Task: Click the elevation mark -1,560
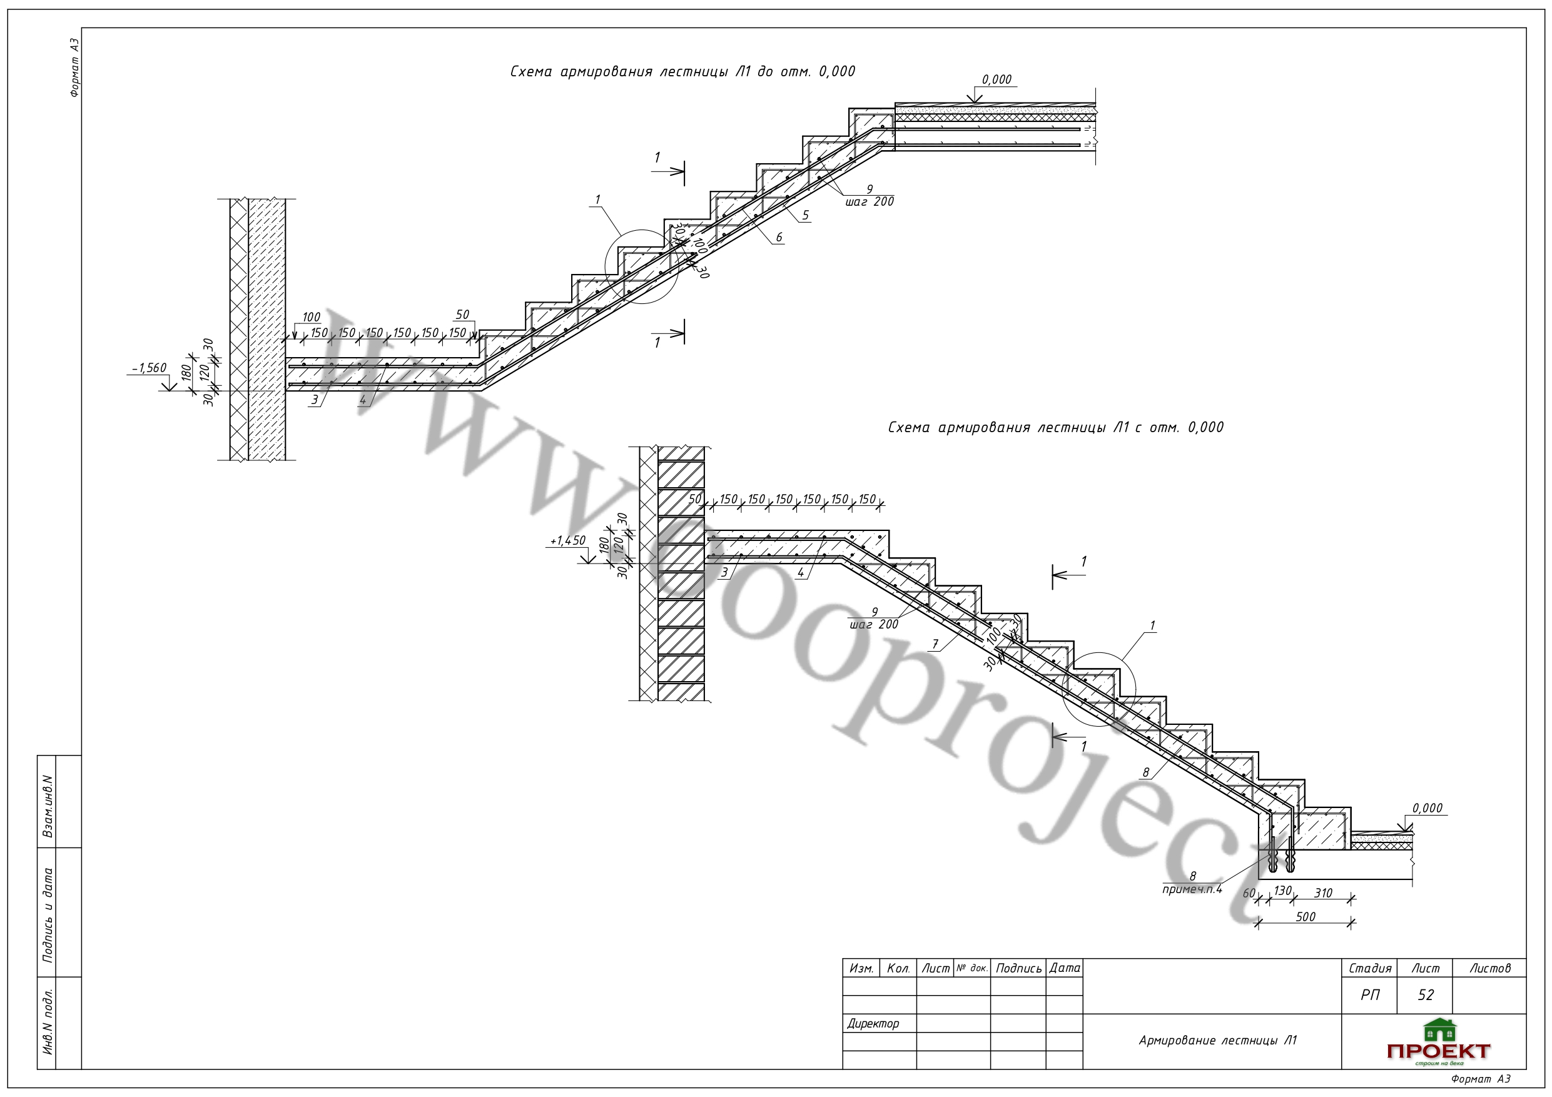[x=150, y=368]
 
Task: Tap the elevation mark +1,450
[x=568, y=541]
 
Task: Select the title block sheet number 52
[x=1426, y=995]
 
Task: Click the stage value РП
[x=1370, y=995]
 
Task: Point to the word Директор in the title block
[x=873, y=1023]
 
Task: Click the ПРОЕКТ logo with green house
[x=1438, y=1043]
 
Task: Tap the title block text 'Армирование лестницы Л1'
[x=1218, y=1040]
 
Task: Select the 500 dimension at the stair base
[x=1306, y=916]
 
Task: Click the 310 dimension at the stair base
[x=1323, y=893]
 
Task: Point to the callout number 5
[x=805, y=215]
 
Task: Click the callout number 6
[x=779, y=236]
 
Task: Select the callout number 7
[x=936, y=644]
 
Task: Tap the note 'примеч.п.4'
[x=1192, y=889]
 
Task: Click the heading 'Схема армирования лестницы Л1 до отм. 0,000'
[x=682, y=72]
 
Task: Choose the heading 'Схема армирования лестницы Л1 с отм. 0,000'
[x=1056, y=427]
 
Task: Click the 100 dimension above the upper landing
[x=311, y=317]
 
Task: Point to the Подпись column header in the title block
[x=1018, y=969]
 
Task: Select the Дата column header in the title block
[x=1065, y=969]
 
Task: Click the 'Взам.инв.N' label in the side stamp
[x=48, y=806]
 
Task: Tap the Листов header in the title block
[x=1490, y=969]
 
